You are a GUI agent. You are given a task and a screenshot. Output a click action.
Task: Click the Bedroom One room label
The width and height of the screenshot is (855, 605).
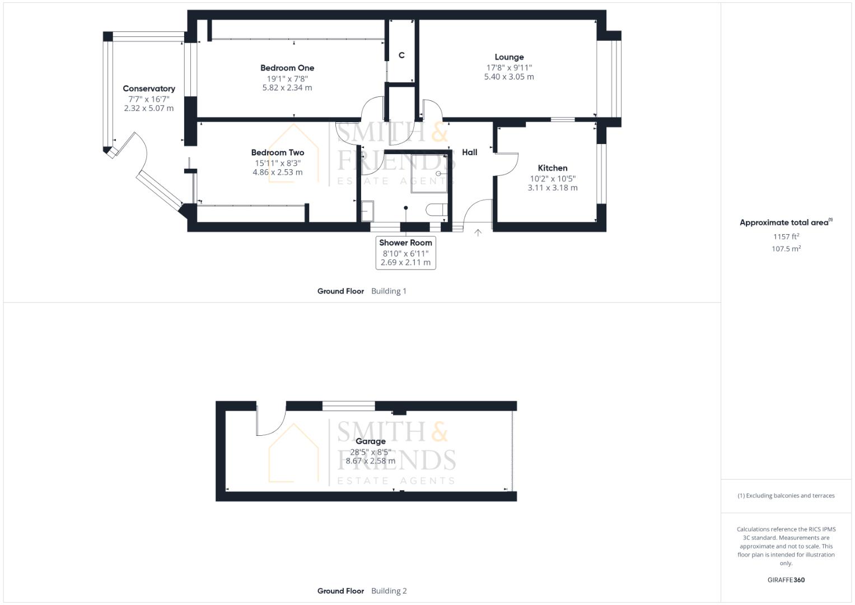(x=287, y=68)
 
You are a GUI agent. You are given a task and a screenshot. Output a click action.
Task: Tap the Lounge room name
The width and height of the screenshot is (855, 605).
(x=509, y=57)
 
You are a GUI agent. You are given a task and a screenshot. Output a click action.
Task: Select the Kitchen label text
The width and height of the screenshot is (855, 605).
(x=553, y=168)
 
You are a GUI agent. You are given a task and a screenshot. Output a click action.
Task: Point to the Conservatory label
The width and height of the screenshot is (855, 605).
(x=149, y=89)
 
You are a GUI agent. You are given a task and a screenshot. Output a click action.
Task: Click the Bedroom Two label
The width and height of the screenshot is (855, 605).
(x=278, y=152)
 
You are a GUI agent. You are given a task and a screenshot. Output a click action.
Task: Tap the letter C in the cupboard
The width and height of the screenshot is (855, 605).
(x=401, y=55)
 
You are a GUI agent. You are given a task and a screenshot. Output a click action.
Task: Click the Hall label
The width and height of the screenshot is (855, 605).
(x=470, y=152)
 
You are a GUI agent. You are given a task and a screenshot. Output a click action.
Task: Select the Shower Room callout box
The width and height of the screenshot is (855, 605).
(x=406, y=252)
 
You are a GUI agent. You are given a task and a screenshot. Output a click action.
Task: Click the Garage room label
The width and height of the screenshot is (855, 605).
(x=371, y=441)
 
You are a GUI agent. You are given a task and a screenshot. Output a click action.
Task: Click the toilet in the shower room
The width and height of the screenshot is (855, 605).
(x=436, y=210)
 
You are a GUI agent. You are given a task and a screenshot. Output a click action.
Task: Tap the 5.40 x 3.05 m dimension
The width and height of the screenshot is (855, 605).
(x=509, y=77)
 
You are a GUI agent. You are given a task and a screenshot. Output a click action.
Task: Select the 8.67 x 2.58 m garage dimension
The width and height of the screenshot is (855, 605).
(x=371, y=461)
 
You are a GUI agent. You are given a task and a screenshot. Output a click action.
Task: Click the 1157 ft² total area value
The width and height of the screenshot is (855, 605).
(x=786, y=236)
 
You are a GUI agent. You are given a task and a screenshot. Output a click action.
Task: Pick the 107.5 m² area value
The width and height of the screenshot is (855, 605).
(x=786, y=249)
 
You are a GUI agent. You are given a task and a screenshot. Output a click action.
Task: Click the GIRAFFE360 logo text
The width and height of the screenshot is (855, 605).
(x=786, y=580)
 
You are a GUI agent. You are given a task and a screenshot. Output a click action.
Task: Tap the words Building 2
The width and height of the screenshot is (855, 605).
(x=389, y=591)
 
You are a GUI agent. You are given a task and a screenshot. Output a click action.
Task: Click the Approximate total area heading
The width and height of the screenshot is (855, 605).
(x=785, y=222)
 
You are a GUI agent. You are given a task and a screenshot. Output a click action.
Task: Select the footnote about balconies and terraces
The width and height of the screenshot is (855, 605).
(x=786, y=496)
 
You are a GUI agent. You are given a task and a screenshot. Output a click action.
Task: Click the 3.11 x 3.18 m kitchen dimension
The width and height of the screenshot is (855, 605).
(x=553, y=188)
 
